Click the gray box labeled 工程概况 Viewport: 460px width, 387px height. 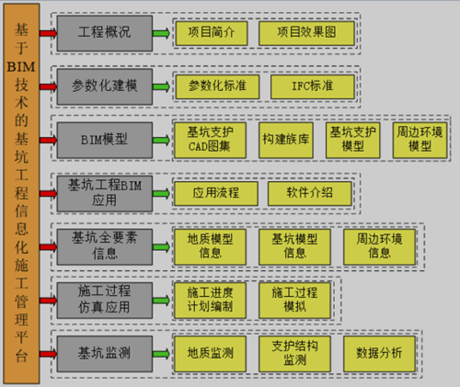click(x=104, y=33)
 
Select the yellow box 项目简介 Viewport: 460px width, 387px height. click(x=211, y=33)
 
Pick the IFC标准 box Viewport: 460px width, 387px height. click(x=311, y=85)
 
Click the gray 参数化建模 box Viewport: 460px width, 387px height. click(x=104, y=85)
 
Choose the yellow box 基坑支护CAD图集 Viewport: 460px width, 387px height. click(x=210, y=139)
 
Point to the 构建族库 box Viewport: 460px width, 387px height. click(x=284, y=139)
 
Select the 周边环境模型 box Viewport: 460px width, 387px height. click(x=420, y=139)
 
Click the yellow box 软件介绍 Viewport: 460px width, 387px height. click(x=308, y=193)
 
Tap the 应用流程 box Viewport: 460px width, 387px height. click(x=215, y=193)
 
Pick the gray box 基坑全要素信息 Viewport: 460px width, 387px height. click(x=104, y=245)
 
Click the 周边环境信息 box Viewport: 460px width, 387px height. click(x=379, y=245)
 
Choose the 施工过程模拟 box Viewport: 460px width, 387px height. click(x=293, y=298)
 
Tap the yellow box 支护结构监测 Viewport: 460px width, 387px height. click(x=294, y=352)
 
